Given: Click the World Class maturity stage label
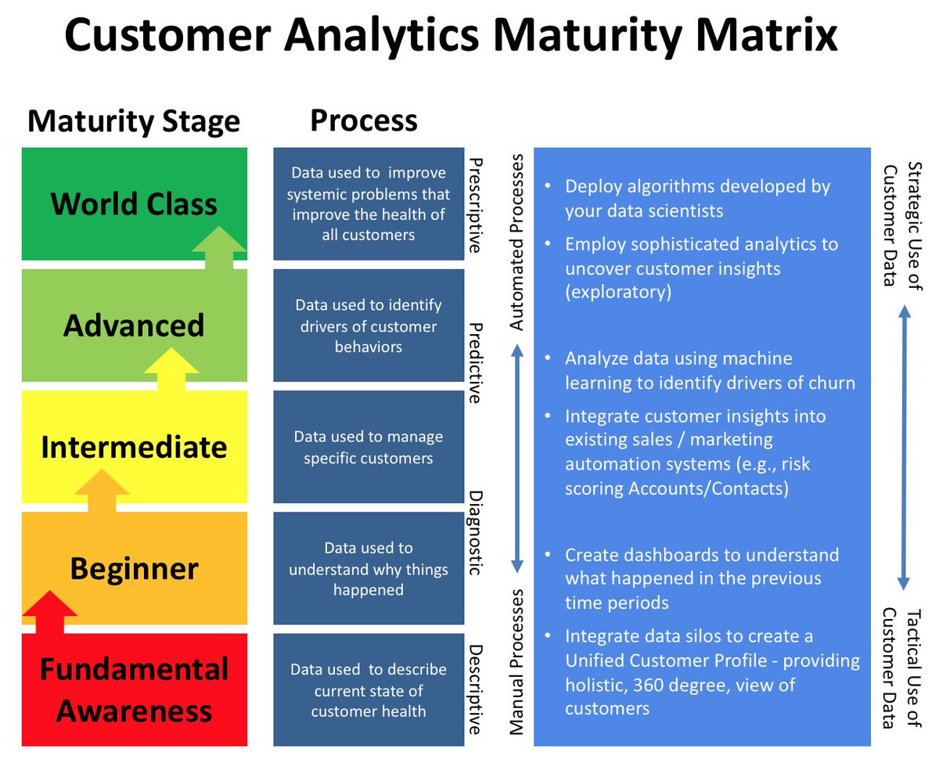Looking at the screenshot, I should [134, 204].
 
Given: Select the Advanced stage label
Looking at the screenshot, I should [134, 326].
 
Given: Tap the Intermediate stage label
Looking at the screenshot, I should [134, 447].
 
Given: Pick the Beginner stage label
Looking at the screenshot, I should [134, 568].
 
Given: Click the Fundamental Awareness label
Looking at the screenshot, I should [134, 690].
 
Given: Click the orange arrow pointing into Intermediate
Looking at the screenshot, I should [102, 490].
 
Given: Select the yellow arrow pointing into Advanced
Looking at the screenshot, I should [172, 369].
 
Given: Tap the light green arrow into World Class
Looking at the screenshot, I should [220, 247].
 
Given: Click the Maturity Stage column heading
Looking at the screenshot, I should [134, 122].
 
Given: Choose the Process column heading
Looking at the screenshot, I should [364, 121].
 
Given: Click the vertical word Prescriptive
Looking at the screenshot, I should [474, 205].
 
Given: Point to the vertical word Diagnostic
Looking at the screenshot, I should [474, 533].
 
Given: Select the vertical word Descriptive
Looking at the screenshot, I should [474, 689].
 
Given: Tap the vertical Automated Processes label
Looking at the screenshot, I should [516, 241].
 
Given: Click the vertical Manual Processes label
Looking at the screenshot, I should [516, 662].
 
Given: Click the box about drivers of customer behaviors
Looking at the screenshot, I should [368, 326].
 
